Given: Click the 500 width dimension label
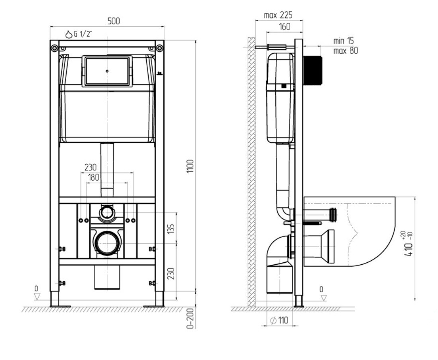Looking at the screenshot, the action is point(114,21).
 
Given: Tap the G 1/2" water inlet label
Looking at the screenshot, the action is point(79,34).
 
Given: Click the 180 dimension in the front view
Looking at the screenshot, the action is point(93,177).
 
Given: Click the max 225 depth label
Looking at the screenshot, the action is point(278,15).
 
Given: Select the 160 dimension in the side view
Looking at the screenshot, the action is point(285,27).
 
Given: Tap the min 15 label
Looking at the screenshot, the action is point(344,41).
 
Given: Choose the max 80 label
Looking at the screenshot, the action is point(346,51).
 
